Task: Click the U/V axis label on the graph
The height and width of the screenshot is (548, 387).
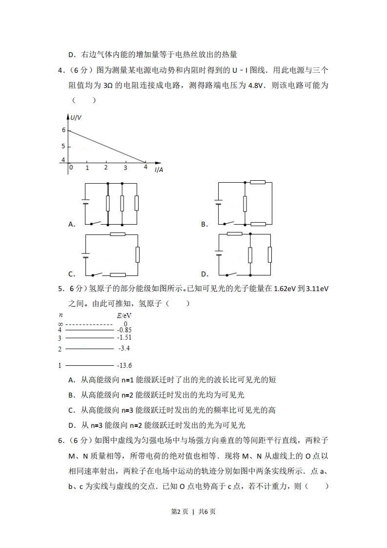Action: click(x=77, y=117)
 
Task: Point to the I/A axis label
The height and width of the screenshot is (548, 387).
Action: click(x=159, y=169)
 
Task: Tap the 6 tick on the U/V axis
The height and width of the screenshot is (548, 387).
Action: click(x=63, y=130)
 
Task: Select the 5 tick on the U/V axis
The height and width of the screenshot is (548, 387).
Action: click(x=63, y=146)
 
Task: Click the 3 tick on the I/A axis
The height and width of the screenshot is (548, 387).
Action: click(x=125, y=168)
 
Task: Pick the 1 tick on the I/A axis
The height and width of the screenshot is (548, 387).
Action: click(x=87, y=168)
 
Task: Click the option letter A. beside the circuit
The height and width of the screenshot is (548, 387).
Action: click(x=71, y=224)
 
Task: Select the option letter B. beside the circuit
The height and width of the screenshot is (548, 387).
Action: click(x=204, y=224)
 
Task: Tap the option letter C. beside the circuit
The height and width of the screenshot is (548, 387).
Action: click(x=71, y=274)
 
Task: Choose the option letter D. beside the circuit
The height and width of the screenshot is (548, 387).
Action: click(x=204, y=274)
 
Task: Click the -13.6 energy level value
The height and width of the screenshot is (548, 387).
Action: click(x=125, y=365)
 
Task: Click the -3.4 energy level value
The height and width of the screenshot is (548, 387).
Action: click(x=123, y=349)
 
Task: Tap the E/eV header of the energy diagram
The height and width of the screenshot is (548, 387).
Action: click(x=124, y=316)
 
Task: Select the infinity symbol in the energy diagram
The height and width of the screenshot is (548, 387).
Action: click(x=60, y=324)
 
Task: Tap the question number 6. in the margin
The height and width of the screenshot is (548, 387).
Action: click(x=61, y=441)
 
